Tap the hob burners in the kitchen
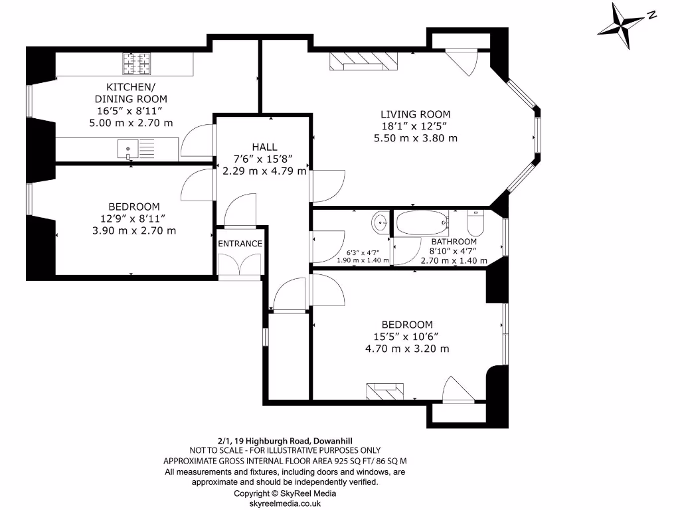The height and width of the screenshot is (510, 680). tap(137, 64)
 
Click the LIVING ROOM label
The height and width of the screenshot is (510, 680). tap(415, 114)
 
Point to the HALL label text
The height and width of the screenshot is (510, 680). tap(264, 147)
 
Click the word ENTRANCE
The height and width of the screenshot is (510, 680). tap(240, 244)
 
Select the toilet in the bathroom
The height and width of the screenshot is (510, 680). tap(476, 222)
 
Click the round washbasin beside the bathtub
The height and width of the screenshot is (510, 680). tap(381, 221)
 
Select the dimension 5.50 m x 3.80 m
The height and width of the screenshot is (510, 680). tap(415, 138)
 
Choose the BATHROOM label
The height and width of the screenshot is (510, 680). tap(454, 242)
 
